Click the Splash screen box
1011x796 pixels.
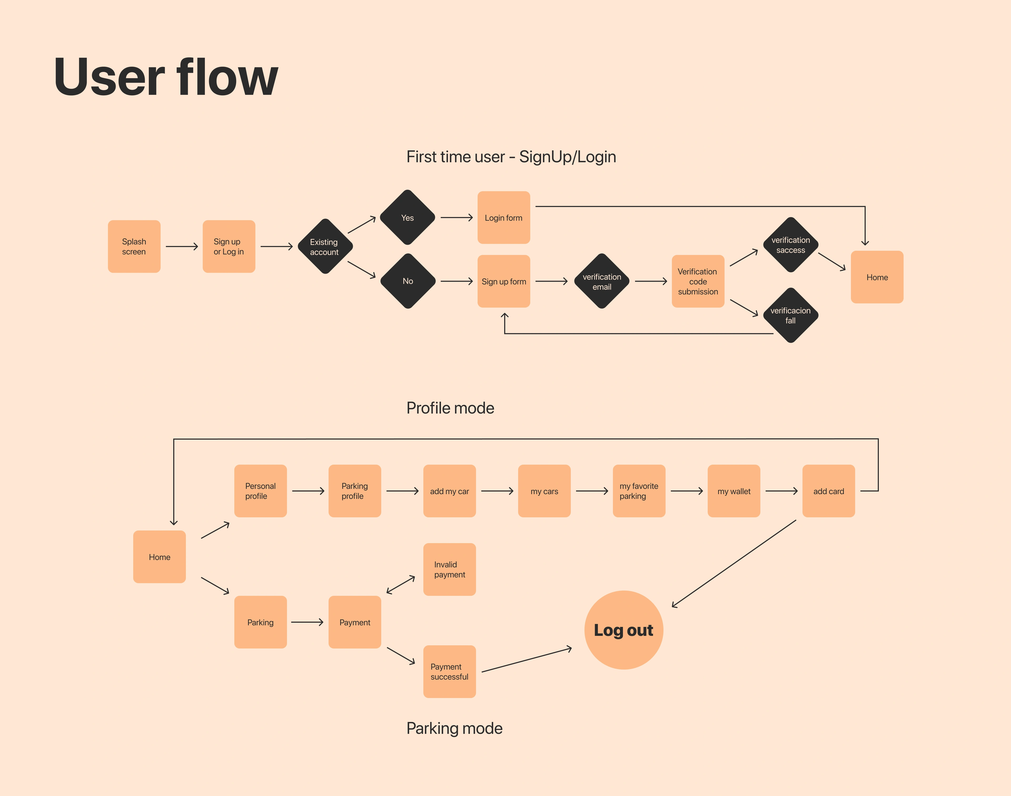[134, 247]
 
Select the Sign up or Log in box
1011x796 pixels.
[229, 247]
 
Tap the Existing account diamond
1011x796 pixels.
[325, 247]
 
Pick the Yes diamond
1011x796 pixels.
[408, 218]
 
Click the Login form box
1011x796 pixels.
[504, 218]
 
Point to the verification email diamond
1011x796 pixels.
[602, 282]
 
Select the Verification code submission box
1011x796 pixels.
[698, 282]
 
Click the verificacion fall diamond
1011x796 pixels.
[791, 316]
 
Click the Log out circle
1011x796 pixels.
[624, 630]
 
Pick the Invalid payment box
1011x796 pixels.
[450, 569]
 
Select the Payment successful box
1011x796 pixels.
[450, 672]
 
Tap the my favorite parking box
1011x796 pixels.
[639, 491]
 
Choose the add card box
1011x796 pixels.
[829, 491]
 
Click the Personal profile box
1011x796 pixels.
[260, 491]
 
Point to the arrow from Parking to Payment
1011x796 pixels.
[307, 622]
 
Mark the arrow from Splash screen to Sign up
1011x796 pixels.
[182, 247]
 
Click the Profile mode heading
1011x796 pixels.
[450, 408]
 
